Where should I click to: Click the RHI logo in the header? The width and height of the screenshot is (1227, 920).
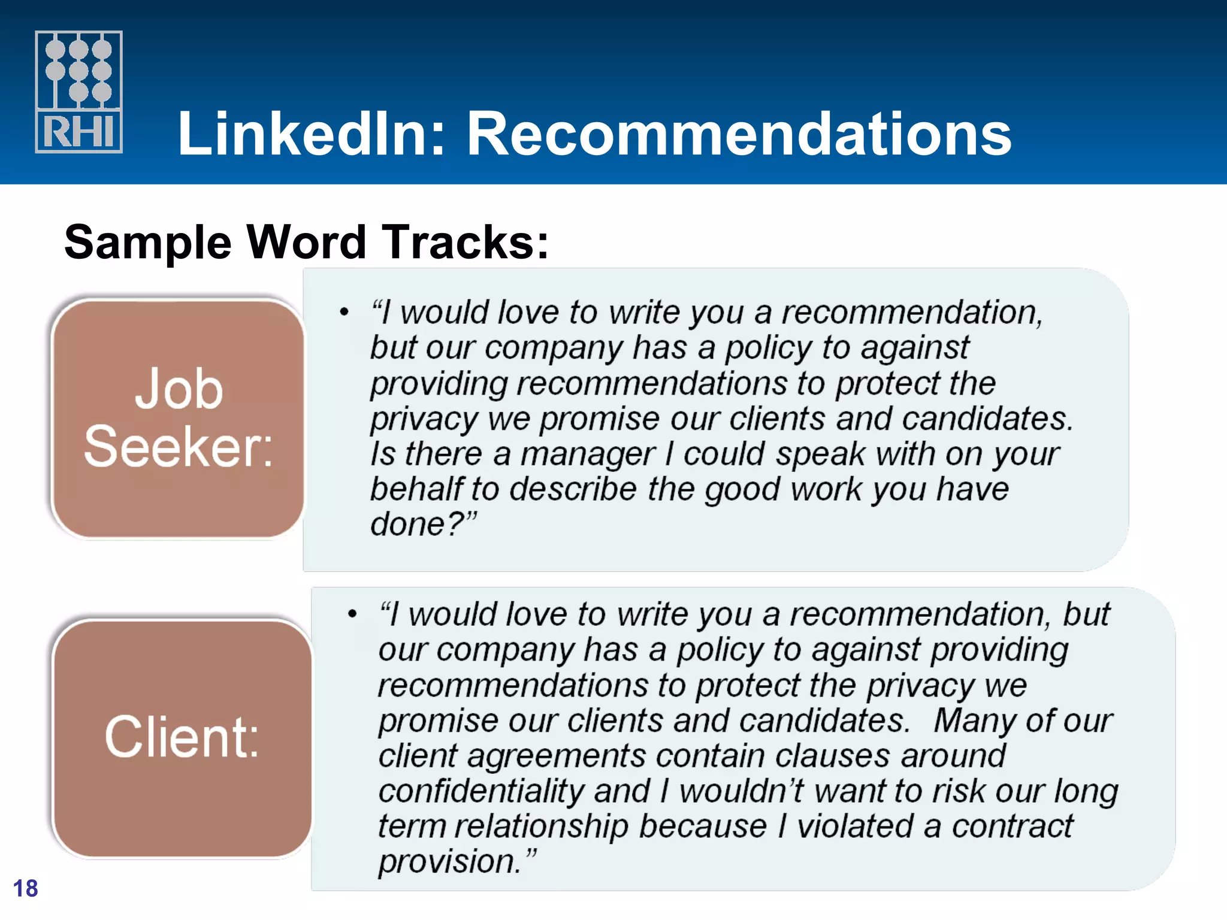point(78,92)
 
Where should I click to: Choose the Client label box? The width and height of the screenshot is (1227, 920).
point(182,738)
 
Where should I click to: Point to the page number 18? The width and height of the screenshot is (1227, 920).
point(25,888)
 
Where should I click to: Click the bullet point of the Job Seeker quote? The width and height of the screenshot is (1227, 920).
point(344,312)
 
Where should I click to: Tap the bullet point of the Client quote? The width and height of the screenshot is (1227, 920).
point(352,614)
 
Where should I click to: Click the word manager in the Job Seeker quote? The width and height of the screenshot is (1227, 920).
point(588,454)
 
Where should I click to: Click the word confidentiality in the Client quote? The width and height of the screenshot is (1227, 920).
point(481,791)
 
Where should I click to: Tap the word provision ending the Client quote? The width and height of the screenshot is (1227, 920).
point(446,862)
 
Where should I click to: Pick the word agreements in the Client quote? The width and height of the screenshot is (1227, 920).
point(557,756)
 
